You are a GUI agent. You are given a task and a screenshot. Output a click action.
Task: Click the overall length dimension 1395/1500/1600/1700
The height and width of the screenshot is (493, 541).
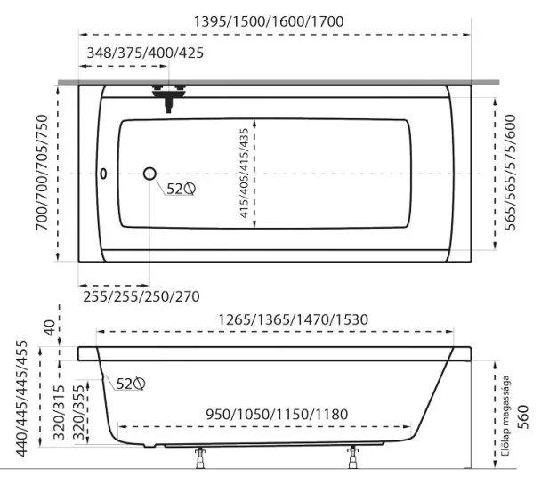[269, 21]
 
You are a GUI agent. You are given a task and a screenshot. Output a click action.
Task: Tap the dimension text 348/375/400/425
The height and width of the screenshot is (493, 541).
[145, 53]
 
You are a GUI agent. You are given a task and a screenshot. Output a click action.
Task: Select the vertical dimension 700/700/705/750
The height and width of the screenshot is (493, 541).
[42, 172]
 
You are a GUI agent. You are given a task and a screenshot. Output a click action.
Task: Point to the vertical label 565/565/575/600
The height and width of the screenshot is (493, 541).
[510, 172]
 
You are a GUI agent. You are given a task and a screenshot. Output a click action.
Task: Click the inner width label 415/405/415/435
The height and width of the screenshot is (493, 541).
[244, 173]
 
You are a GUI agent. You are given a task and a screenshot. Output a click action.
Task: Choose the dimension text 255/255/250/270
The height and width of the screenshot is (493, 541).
[141, 296]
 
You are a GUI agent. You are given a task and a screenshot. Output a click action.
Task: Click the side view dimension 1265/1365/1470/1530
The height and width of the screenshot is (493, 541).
[294, 319]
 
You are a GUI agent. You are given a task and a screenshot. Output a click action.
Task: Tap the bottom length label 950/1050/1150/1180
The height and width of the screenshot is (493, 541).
[277, 415]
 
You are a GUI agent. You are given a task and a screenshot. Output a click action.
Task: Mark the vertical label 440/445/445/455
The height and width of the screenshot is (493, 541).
[21, 398]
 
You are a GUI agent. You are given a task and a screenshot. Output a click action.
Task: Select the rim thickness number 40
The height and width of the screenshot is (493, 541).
[51, 327]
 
